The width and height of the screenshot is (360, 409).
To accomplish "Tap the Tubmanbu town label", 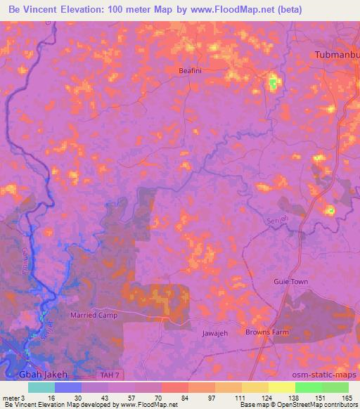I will click(x=336, y=56).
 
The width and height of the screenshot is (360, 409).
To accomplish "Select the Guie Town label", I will click(x=290, y=281).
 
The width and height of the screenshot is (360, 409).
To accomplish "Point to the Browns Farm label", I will click(x=266, y=331).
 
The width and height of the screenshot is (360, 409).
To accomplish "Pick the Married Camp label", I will click(x=94, y=316).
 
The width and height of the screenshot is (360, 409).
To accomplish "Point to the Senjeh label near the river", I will click(x=279, y=221).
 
